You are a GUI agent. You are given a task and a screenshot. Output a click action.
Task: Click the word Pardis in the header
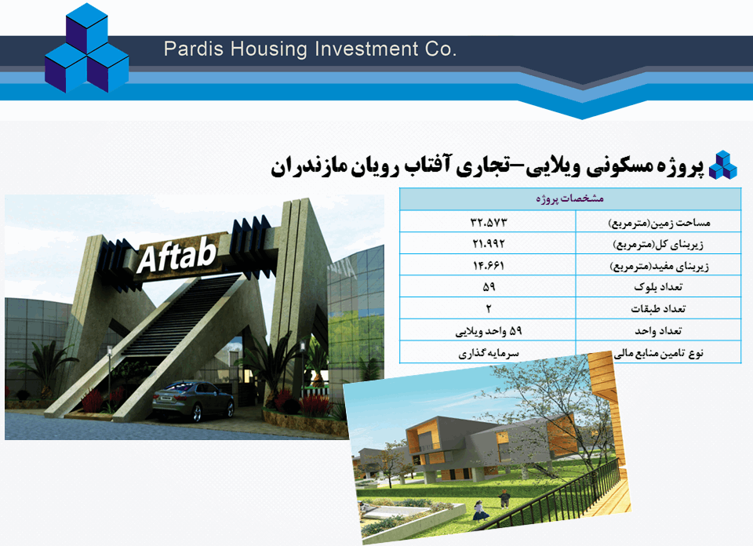pos(194,49)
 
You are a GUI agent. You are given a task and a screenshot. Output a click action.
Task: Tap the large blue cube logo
pos(87,49)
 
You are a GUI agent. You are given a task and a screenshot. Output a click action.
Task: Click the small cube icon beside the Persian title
pos(723,166)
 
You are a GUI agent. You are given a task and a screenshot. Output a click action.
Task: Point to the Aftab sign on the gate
pos(176,256)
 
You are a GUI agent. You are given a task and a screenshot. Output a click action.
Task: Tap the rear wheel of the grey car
pos(196,413)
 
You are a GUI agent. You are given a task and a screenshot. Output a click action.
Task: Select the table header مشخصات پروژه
pos(570,198)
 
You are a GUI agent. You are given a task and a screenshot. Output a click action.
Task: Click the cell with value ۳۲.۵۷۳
pos(489,222)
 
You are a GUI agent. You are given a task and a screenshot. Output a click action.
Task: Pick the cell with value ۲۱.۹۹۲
pos(489,243)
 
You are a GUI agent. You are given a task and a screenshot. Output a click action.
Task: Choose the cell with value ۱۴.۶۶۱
pos(489,265)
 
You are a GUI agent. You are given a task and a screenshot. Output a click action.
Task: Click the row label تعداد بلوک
pos(658,286)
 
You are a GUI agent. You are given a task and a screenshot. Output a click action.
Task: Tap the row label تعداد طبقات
pos(658,309)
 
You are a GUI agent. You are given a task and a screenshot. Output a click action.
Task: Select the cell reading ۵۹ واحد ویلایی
pos(489,331)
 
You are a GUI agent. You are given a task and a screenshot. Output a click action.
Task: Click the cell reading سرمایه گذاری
pos(489,354)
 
